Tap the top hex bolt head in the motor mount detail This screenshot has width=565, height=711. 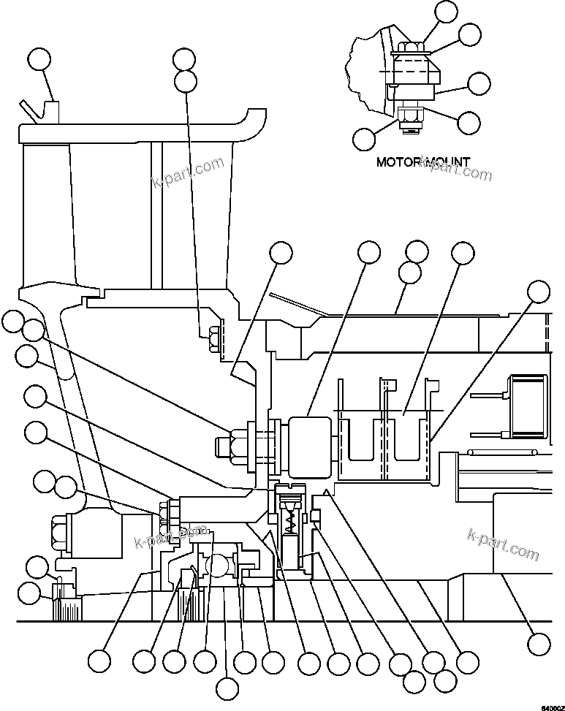click(x=412, y=49)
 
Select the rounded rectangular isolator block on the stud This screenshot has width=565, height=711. click(x=311, y=444)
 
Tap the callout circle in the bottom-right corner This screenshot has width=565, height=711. click(x=539, y=643)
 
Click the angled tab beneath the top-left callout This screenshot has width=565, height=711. click(x=29, y=111)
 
